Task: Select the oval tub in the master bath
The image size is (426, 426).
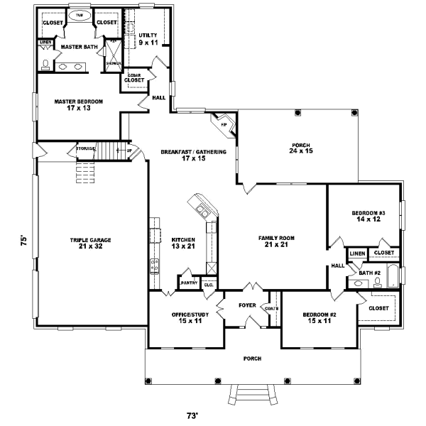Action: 80,14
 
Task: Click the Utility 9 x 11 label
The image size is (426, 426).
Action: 148,39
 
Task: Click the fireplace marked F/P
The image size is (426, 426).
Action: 224,124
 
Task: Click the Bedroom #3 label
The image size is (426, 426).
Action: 368,217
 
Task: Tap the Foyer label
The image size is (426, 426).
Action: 246,307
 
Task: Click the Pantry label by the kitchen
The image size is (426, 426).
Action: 189,283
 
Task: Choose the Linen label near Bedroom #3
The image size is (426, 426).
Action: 357,253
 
